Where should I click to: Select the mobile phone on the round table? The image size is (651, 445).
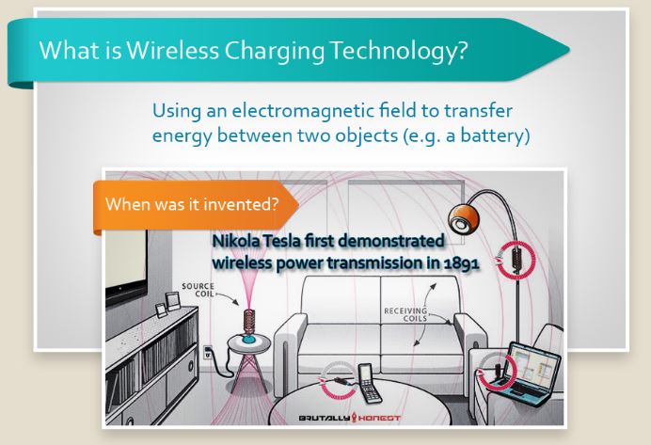coord(368,377)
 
